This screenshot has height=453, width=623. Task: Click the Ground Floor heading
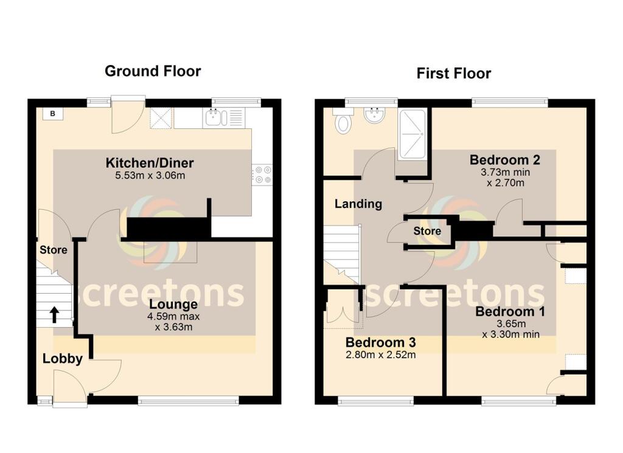(153, 71)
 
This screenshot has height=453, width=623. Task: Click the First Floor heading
(453, 74)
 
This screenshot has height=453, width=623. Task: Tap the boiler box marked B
(52, 114)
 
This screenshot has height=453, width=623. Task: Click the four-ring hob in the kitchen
(263, 175)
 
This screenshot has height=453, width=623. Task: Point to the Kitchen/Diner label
(150, 163)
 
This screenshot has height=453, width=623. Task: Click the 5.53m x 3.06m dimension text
(150, 176)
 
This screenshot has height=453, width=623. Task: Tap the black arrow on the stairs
(54, 314)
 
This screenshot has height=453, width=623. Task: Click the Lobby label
(62, 359)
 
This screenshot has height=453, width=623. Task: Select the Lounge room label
(173, 304)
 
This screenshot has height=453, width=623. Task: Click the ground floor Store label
(54, 250)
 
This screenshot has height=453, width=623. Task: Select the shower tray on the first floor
(412, 134)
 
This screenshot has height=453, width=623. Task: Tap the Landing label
(358, 204)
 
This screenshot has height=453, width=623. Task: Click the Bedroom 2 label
(504, 160)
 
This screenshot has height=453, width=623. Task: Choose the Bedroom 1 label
(510, 311)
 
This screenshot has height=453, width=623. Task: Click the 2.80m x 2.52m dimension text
(380, 355)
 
